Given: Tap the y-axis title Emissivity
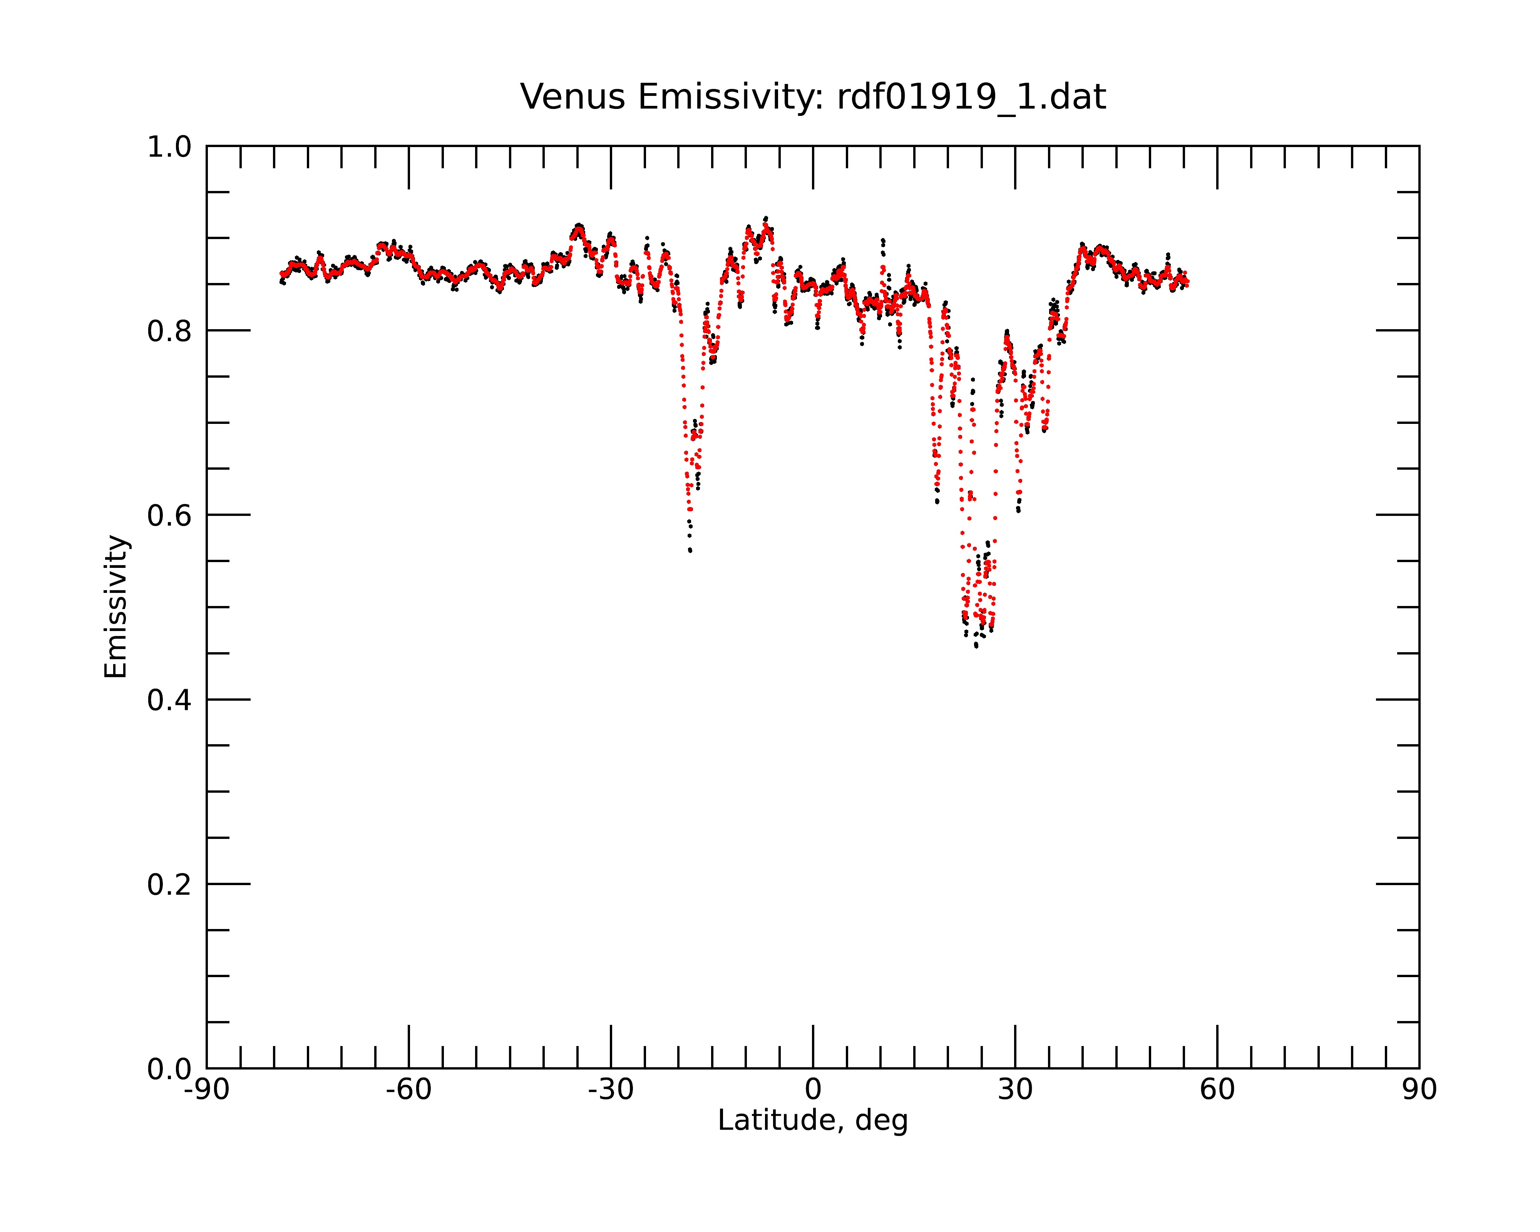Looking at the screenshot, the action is [x=116, y=606].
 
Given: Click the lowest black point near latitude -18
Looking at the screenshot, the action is [x=690, y=551].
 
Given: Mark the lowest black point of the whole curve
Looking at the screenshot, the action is [x=976, y=646].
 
